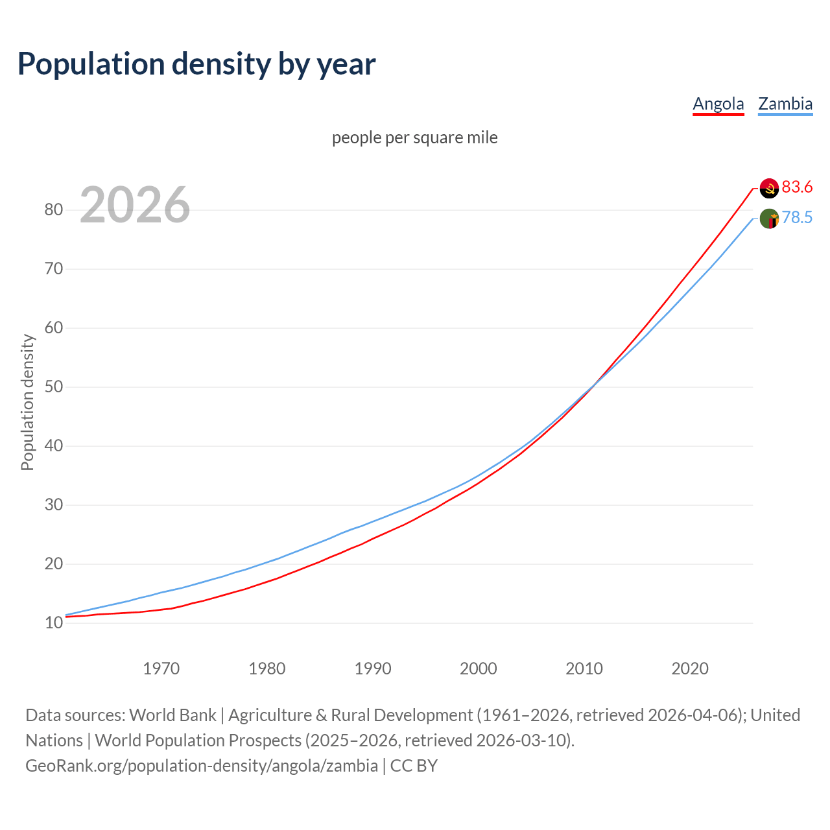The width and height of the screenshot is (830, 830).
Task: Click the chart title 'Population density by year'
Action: click(x=196, y=64)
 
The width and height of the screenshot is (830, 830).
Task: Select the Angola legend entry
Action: click(x=718, y=104)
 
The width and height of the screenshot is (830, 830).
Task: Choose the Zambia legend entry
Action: click(x=785, y=104)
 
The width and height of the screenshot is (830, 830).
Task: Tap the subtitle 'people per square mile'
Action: click(x=415, y=138)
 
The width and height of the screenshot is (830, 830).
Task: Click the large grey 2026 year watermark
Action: click(x=135, y=205)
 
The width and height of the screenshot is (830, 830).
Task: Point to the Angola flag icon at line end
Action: click(x=769, y=188)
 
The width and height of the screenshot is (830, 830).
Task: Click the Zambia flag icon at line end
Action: click(x=769, y=219)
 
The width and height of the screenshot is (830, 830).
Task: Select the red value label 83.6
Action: click(x=797, y=187)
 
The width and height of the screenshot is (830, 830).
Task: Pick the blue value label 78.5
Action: click(x=797, y=218)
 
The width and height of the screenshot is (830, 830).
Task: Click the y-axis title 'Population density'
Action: click(x=27, y=402)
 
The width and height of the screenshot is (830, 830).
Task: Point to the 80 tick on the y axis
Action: click(x=54, y=209)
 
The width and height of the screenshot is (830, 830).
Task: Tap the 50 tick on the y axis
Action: click(x=54, y=386)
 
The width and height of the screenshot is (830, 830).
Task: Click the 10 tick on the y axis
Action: click(x=54, y=623)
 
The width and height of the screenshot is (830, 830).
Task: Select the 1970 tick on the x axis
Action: click(x=161, y=669)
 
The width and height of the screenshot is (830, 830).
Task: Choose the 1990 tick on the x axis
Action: click(x=373, y=669)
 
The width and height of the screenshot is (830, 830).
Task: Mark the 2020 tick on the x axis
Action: click(x=690, y=669)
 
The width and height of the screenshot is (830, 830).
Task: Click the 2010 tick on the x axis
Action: click(x=584, y=669)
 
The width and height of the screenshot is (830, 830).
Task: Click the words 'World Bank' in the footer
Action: click(x=172, y=715)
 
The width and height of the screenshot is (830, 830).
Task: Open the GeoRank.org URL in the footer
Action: click(x=202, y=766)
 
